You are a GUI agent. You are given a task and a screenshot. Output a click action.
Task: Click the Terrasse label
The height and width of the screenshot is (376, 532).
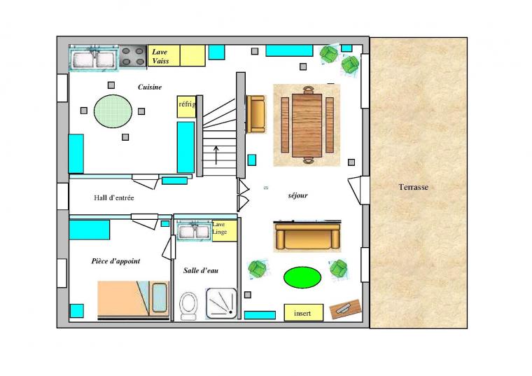[x=413, y=187]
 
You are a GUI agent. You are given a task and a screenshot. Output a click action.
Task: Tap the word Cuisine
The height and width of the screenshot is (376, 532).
[x=150, y=88]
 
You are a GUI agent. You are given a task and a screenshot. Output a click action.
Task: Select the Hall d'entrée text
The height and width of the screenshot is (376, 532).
[x=114, y=197]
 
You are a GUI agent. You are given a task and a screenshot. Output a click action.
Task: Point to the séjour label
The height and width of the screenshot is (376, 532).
[x=298, y=195]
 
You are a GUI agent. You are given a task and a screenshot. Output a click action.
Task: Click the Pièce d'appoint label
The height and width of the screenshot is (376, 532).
[x=115, y=261]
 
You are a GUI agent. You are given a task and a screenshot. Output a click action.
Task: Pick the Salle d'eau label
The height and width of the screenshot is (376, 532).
[x=201, y=270]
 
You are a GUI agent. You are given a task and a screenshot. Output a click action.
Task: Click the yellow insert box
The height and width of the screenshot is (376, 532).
[x=303, y=312]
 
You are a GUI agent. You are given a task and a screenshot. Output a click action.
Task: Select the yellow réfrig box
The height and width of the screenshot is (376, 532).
[x=186, y=106]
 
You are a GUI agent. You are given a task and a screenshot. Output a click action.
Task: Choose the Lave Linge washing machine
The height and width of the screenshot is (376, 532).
[x=224, y=231]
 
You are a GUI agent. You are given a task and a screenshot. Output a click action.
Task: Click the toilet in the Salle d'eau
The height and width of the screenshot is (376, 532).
[x=188, y=306]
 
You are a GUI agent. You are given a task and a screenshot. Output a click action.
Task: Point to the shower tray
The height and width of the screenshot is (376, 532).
[x=221, y=303]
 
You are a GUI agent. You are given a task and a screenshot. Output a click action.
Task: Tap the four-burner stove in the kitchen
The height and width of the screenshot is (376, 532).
[x=133, y=56]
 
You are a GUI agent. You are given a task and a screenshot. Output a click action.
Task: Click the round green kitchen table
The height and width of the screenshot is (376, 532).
[x=113, y=111]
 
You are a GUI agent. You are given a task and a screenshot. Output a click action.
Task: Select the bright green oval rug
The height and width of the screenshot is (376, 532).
[x=302, y=277]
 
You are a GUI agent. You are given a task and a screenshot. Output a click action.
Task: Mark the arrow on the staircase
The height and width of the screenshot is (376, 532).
[x=216, y=155]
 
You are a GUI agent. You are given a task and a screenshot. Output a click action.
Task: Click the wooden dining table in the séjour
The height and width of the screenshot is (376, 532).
[x=307, y=125]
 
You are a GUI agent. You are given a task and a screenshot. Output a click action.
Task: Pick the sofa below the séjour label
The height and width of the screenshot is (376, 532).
[x=307, y=236]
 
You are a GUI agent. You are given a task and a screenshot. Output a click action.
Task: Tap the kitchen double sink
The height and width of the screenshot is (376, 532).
[x=94, y=59]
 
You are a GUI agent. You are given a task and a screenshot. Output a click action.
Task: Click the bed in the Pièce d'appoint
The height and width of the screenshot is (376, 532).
[x=133, y=300]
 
